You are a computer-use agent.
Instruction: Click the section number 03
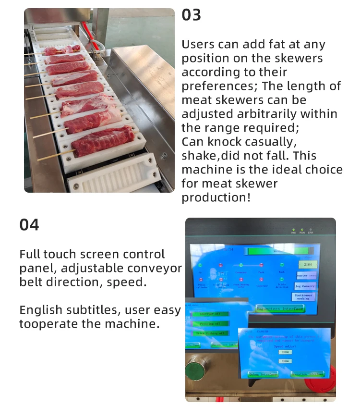click(191, 15)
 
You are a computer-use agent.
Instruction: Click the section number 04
click(29, 224)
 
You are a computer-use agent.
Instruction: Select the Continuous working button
click(303, 297)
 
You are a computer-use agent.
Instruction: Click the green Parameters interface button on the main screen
click(280, 308)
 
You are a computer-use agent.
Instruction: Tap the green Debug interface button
click(263, 374)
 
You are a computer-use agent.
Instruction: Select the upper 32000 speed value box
click(286, 352)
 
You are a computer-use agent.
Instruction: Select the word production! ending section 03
click(216, 197)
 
